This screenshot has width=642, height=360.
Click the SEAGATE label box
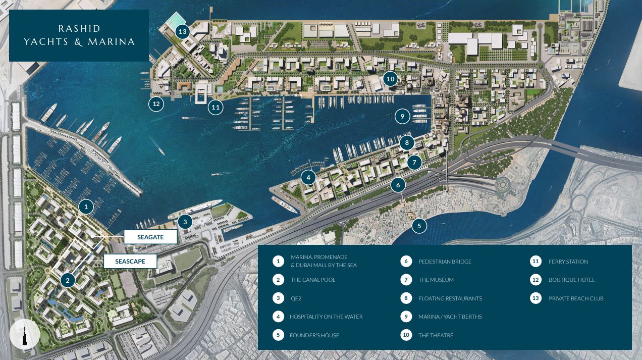tap(150, 237)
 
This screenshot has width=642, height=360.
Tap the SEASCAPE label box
tap(130, 261)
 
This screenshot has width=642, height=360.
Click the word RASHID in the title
tap(79, 28)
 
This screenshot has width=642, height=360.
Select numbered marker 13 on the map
tap(182, 32)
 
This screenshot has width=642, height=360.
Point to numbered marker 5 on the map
tap(419, 226)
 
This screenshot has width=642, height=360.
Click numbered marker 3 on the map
tap(185, 221)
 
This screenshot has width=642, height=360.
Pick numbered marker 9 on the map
tap(402, 117)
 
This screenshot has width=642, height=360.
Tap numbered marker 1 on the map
tap(86, 207)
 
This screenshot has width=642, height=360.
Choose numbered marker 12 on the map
tap(156, 104)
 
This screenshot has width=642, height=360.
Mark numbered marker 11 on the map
tap(216, 107)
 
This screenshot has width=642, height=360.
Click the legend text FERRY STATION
tap(568, 262)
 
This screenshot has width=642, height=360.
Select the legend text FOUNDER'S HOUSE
tap(314, 335)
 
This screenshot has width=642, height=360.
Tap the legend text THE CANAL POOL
tap(313, 280)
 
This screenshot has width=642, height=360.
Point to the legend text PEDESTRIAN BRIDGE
tap(445, 262)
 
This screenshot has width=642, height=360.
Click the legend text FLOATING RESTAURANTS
tap(450, 298)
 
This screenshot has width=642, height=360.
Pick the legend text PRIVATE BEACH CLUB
tap(576, 298)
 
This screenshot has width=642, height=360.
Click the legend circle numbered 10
tap(406, 335)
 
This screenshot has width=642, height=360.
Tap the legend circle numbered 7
tap(406, 280)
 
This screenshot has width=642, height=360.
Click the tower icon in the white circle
tap(24, 334)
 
